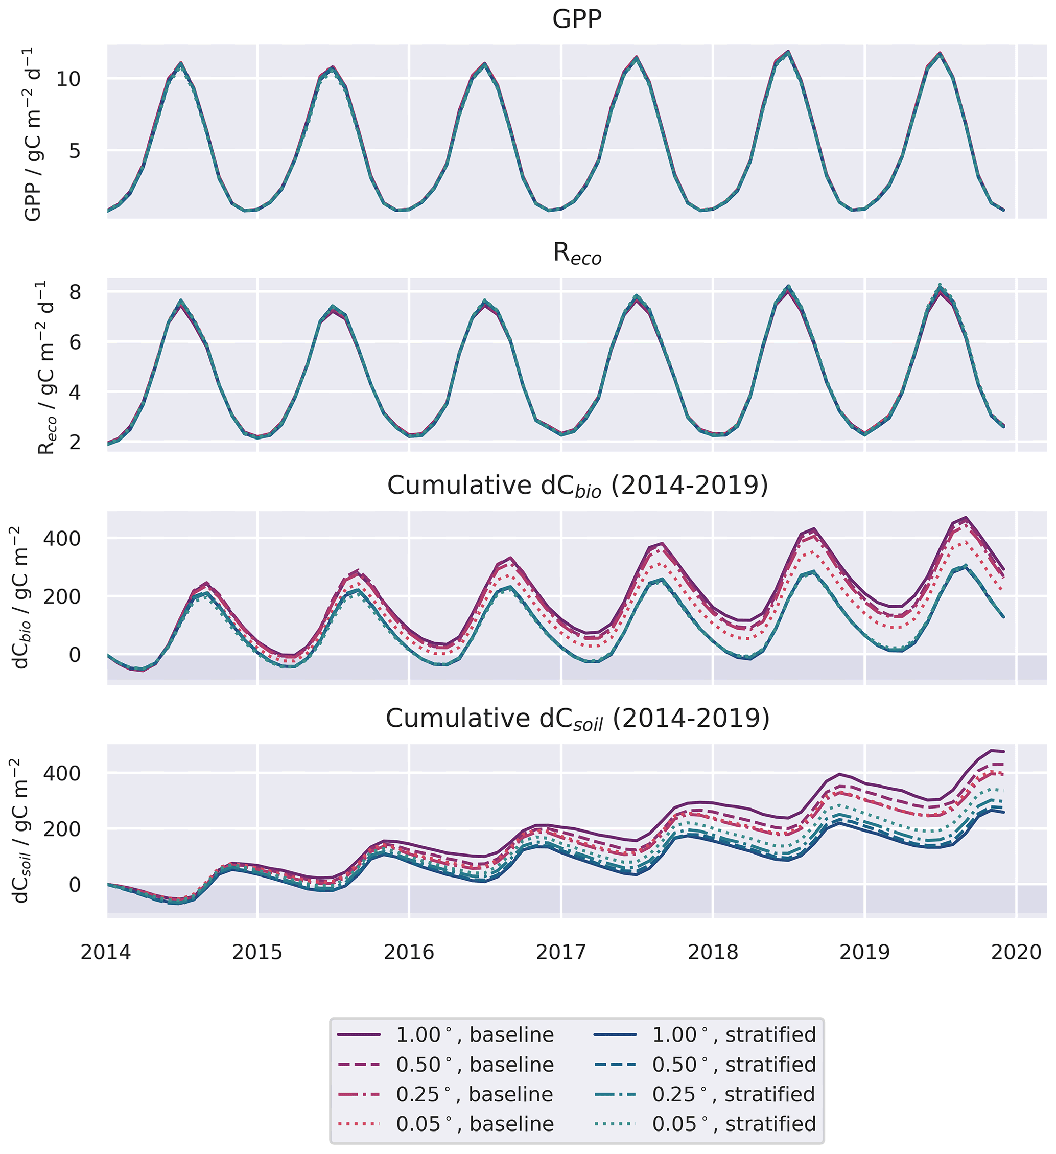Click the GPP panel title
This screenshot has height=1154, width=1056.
coord(577,19)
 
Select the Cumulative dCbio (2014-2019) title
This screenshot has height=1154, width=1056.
coord(577,486)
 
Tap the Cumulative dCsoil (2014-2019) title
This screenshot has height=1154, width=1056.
coord(577,719)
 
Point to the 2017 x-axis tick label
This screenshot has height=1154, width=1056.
coord(561,952)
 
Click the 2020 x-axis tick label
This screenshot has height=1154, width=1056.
coord(1016,952)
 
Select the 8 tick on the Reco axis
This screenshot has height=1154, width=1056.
coord(75,292)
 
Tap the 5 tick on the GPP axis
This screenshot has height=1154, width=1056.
coord(75,151)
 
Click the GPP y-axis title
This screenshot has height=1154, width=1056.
coord(33,134)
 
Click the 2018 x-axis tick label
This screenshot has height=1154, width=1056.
coord(713,952)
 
